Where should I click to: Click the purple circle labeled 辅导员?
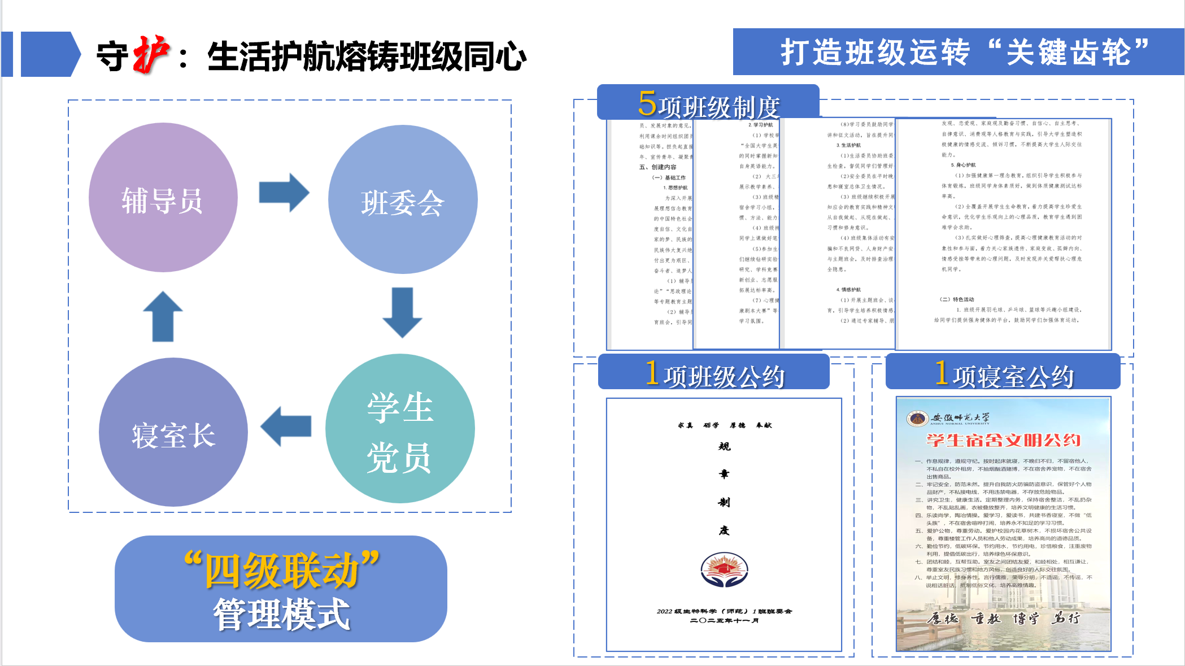pyautogui.click(x=163, y=198)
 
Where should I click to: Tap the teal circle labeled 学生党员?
pyautogui.click(x=400, y=429)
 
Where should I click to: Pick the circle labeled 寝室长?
pyautogui.click(x=173, y=433)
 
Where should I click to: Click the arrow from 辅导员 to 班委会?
pyautogui.click(x=284, y=193)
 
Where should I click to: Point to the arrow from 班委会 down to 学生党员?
pyautogui.click(x=402, y=312)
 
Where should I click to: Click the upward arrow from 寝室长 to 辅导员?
pyautogui.click(x=163, y=316)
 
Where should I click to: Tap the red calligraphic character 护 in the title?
pyautogui.click(x=151, y=55)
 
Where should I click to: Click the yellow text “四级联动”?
pyautogui.click(x=281, y=569)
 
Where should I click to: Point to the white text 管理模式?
pyautogui.click(x=281, y=614)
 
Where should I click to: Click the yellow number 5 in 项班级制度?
pyautogui.click(x=647, y=103)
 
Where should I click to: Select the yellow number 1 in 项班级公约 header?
pyautogui.click(x=652, y=373)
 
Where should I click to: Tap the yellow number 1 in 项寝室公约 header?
pyautogui.click(x=941, y=373)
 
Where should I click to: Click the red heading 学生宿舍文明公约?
pyautogui.click(x=1003, y=440)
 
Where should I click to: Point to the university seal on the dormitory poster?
pyautogui.click(x=917, y=419)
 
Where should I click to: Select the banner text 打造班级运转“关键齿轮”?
pyautogui.click(x=964, y=53)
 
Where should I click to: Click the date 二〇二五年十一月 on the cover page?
pyautogui.click(x=724, y=621)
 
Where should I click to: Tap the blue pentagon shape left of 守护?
pyautogui.click(x=50, y=54)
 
